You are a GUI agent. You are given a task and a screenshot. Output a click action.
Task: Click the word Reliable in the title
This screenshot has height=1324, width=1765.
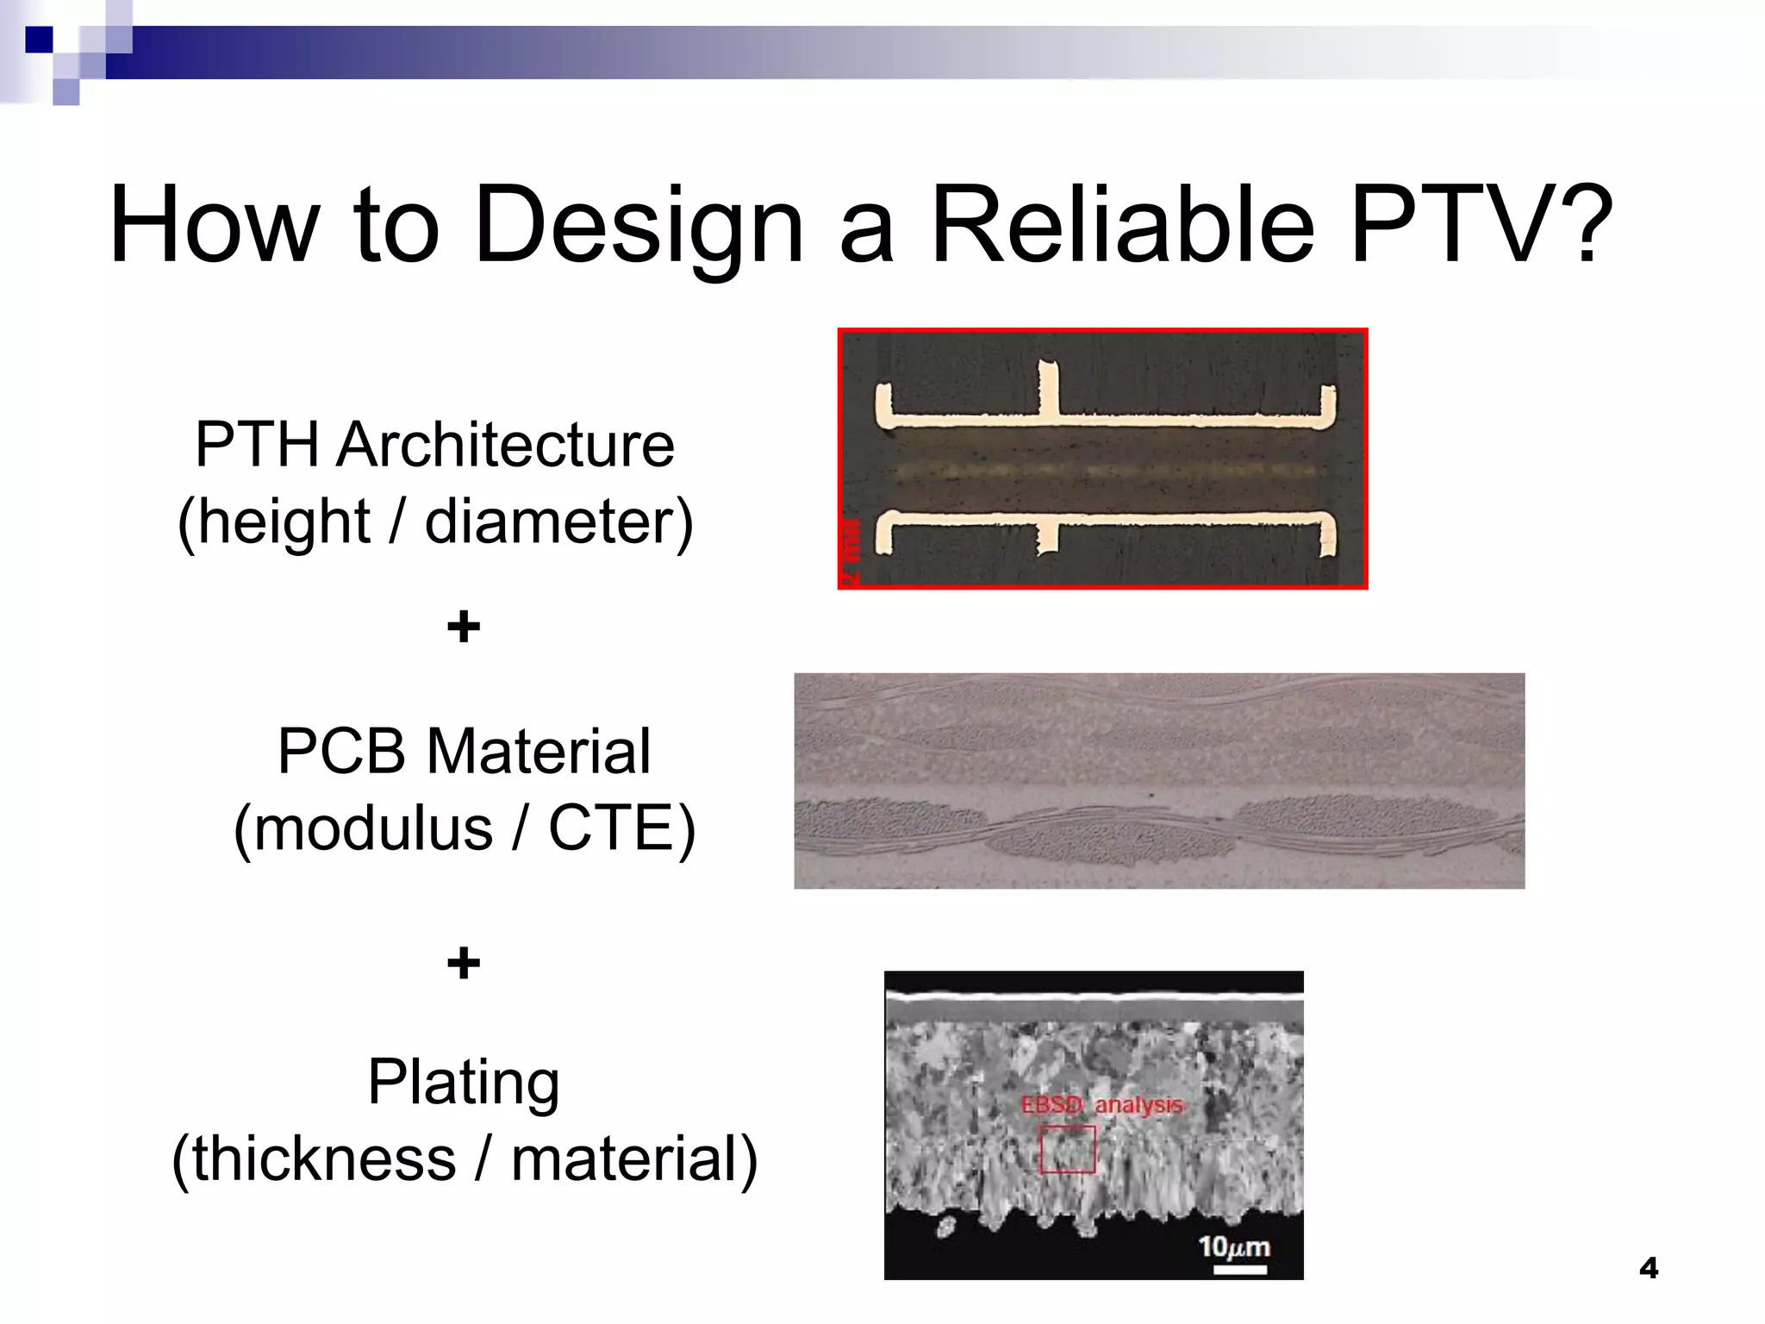point(1123,226)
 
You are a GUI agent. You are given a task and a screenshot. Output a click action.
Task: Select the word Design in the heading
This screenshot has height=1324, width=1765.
point(639,226)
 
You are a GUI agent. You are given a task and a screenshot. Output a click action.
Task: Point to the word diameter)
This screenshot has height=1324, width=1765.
point(558,521)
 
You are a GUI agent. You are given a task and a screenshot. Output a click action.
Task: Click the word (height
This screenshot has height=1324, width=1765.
point(273,521)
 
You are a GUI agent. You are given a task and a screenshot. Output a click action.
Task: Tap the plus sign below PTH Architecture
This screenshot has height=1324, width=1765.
point(463,627)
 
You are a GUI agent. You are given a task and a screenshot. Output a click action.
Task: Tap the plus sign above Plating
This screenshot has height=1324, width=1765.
point(463,963)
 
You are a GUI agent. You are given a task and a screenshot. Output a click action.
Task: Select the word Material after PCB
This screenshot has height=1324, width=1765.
point(538,751)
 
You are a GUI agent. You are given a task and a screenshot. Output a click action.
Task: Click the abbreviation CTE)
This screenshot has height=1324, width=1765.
point(622,827)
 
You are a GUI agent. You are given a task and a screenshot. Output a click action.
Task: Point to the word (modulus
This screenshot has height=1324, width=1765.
point(362,827)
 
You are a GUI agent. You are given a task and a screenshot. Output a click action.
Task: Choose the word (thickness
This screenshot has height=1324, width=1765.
point(314,1158)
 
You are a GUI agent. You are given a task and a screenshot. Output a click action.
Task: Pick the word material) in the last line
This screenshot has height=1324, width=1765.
point(633,1158)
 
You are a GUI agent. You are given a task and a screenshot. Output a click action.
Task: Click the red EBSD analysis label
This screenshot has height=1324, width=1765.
point(1101,1105)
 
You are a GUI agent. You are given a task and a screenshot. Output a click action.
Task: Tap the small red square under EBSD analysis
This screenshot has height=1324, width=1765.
point(1067,1149)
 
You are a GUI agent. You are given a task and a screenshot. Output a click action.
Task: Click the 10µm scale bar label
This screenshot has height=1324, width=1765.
point(1234,1246)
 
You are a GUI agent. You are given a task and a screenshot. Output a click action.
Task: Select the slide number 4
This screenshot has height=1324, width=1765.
point(1648,1268)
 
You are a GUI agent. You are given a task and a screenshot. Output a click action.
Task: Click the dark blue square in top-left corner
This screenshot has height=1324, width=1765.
point(38,39)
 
